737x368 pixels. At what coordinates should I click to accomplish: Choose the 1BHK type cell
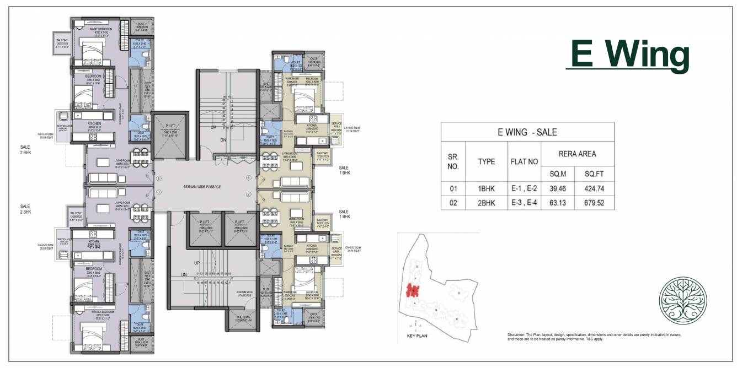[487, 188]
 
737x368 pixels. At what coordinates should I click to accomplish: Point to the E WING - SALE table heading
[527, 132]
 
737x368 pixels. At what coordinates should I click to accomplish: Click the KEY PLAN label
[418, 335]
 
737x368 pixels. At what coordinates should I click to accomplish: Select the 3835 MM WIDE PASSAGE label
[204, 187]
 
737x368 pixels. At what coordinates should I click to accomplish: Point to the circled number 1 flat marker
[249, 178]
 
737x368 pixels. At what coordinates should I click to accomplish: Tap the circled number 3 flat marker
[158, 192]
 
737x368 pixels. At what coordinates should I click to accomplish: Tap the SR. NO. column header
[453, 160]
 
